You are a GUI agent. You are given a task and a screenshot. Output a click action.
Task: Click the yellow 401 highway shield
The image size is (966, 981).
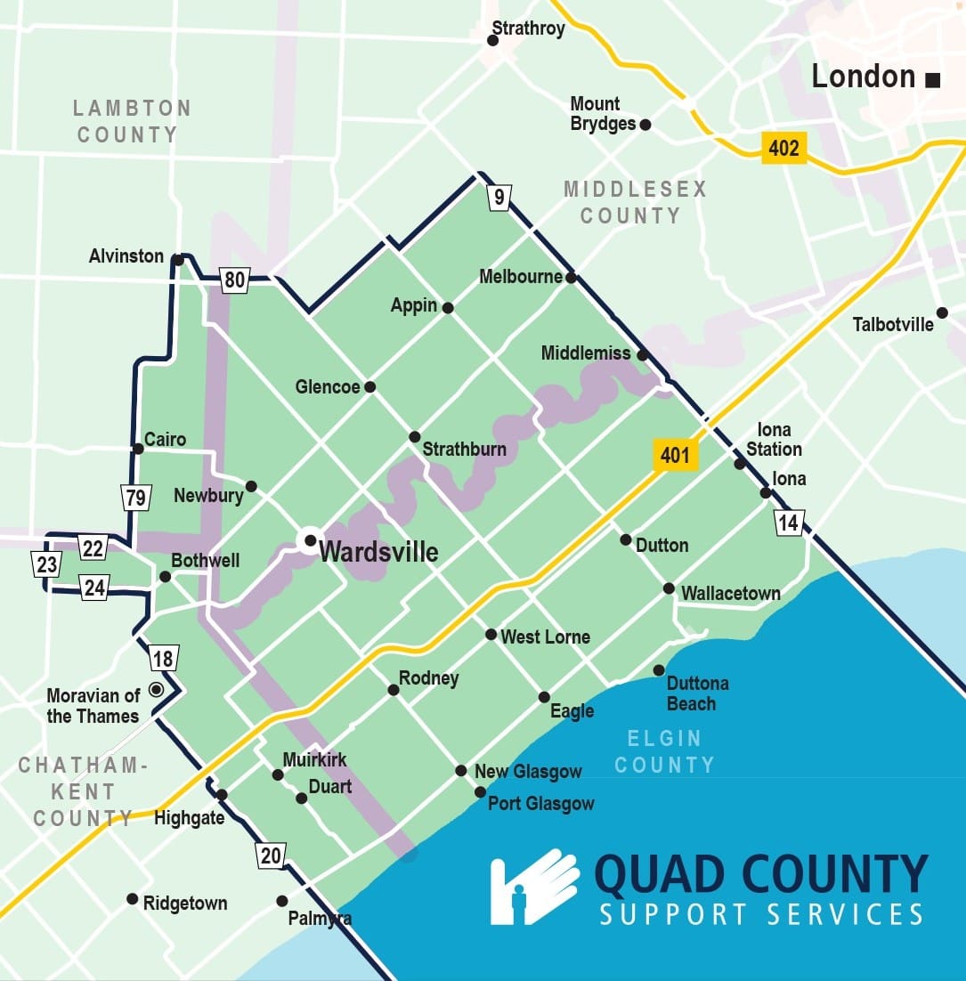coord(675,456)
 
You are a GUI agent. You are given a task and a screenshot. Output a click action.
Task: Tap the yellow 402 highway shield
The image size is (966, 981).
coord(783,148)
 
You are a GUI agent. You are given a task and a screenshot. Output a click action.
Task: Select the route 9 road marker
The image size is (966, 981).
coord(499,197)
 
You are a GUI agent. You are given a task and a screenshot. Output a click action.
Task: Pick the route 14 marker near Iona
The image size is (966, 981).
coord(789,522)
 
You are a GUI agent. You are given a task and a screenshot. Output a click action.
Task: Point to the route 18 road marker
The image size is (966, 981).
coord(163,659)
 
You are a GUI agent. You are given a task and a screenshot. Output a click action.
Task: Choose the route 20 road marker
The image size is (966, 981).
coord(271,855)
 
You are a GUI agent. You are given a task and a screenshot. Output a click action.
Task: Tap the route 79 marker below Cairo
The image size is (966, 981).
coord(135,497)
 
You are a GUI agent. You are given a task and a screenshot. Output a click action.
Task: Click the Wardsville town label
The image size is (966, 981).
coord(378,552)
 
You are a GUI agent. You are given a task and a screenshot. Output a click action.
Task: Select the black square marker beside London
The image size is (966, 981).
coord(932,80)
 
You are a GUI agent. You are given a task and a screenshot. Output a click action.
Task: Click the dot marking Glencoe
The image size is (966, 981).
coord(369,386)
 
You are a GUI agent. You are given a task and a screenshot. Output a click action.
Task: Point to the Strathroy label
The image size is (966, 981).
coord(529,28)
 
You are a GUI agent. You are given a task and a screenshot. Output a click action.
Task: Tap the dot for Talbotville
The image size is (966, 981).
coord(942,312)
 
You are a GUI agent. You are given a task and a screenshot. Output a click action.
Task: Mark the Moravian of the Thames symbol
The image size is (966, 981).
coord(157,689)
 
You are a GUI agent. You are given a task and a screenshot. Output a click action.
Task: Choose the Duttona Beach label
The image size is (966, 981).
coord(697,693)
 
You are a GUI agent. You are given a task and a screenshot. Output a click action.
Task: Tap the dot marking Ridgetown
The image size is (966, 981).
coord(132,898)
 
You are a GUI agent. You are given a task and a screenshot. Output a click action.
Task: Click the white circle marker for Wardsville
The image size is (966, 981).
coord(310,539)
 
